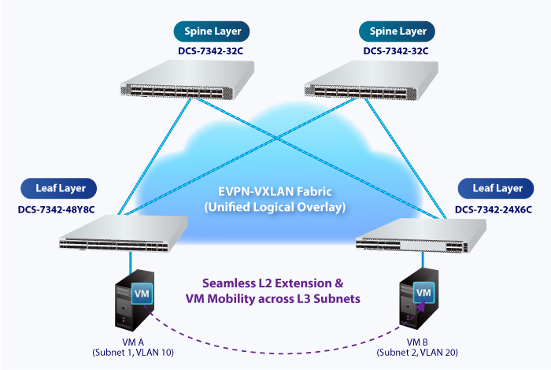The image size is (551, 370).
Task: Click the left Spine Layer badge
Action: (212, 31)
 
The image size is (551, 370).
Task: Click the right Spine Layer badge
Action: (398, 31)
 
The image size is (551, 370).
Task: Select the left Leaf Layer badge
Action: (59, 188)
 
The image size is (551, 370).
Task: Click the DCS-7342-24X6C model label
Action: (494, 209)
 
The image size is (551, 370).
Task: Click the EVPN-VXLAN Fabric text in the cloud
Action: (276, 192)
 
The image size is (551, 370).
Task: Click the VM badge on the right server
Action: (423, 294)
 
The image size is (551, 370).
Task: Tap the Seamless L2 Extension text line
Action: (276, 282)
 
